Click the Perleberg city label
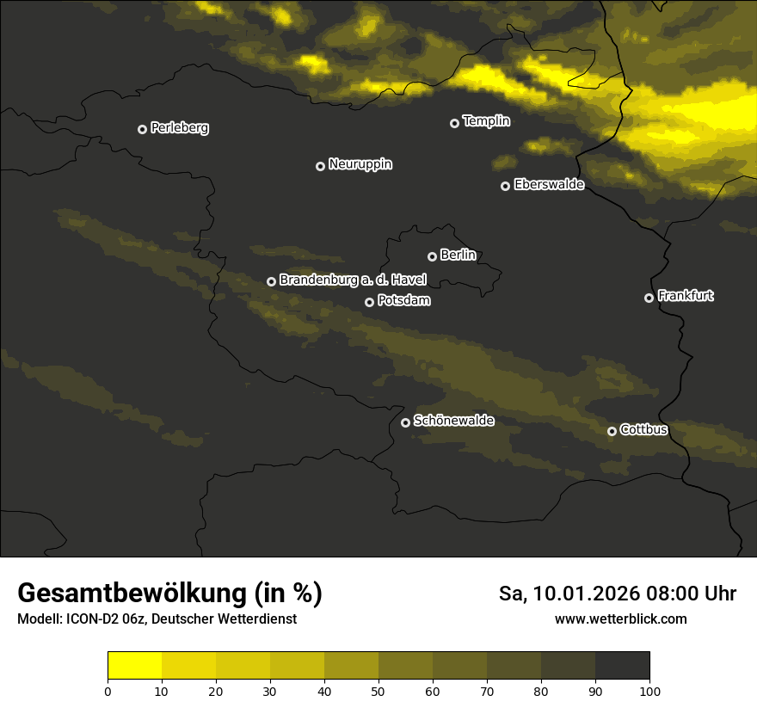tap(179, 128)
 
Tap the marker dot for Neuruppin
tap(320, 166)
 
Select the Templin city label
tap(486, 121)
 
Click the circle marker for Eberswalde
tap(505, 186)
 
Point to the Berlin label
tap(458, 255)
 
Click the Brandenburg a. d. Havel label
tap(353, 280)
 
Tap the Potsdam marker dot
tap(369, 302)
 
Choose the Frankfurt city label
tap(686, 296)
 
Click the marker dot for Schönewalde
tap(405, 422)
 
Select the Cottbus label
tap(643, 429)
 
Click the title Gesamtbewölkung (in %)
tap(169, 594)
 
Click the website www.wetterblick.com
tap(621, 619)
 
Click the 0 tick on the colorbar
tap(108, 691)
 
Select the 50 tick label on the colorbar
tap(378, 691)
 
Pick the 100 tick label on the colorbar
tap(649, 691)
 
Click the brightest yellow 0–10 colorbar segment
tap(134, 666)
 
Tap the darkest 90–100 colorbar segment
tap(622, 666)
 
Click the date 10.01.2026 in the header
tap(584, 594)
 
